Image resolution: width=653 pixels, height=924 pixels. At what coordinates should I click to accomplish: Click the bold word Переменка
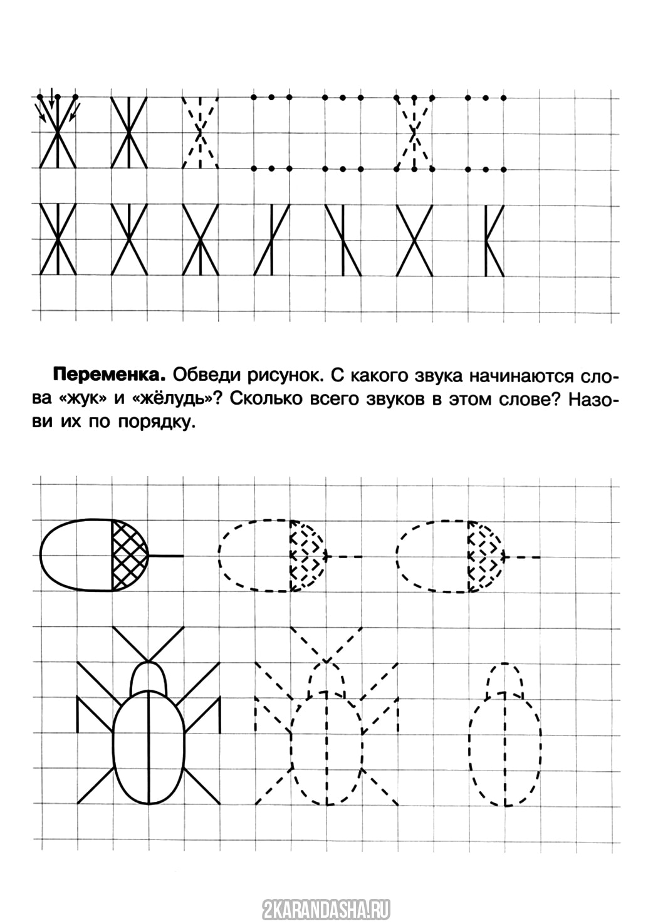coord(108,376)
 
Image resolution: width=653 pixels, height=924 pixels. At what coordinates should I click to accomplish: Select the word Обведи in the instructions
coord(201,376)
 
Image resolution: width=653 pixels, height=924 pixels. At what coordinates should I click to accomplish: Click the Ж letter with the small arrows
coord(57,132)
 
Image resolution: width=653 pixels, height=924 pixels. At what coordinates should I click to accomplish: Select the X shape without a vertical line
coord(414,240)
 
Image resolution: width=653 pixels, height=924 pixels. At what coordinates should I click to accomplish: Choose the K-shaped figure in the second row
coord(494,240)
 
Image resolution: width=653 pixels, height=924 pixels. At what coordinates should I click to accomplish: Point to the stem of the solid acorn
coord(166,556)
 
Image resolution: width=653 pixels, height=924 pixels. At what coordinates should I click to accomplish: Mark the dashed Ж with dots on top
coord(414,132)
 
